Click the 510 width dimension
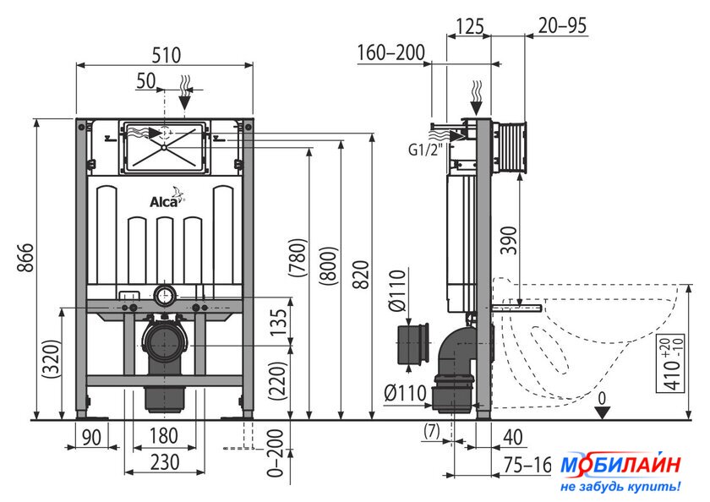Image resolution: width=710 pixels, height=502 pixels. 167,55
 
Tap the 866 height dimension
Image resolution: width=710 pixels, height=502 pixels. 26,257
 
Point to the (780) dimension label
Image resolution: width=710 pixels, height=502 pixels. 298,257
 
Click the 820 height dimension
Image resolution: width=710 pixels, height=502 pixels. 361,275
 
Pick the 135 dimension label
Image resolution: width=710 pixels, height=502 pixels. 279,322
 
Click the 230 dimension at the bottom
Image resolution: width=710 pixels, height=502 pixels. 165,462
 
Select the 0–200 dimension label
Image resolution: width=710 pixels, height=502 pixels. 276,453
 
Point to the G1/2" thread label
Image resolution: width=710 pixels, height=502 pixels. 425,150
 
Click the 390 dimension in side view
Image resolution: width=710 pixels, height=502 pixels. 509,240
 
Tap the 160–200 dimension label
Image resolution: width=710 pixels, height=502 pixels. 391,53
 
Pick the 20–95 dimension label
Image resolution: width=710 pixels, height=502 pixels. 562,26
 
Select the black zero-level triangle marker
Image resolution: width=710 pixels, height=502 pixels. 603,412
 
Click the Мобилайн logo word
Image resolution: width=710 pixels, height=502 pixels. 620,465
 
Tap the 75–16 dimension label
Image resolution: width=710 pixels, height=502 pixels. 527,465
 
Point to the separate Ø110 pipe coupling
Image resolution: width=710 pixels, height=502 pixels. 413,345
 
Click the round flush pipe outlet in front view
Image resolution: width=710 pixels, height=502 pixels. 164,296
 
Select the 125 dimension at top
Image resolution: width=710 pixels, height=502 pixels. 469,27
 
